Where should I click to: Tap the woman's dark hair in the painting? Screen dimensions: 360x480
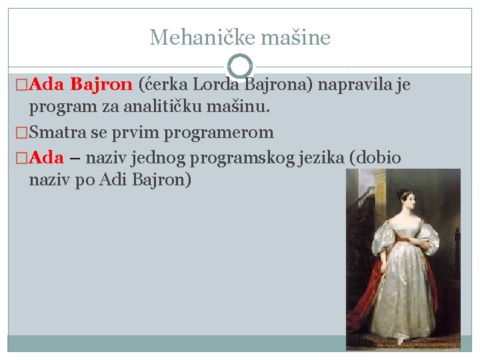pyautogui.click(x=405, y=193)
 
